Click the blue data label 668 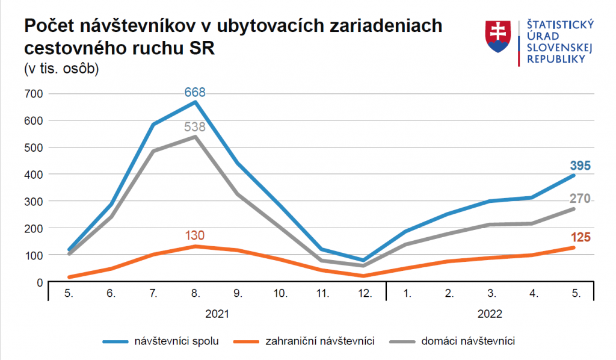(x=195, y=92)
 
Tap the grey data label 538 (x=195, y=127)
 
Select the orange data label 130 (x=195, y=235)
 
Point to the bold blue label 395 (x=581, y=166)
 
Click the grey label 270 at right (x=581, y=199)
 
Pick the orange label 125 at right (x=581, y=237)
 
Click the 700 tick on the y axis (x=34, y=94)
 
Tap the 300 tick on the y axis (x=34, y=202)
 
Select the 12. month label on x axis (x=364, y=294)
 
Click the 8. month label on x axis (x=195, y=294)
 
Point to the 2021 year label (x=217, y=314)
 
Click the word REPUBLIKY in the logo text (x=556, y=59)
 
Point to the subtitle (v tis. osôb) (x=61, y=68)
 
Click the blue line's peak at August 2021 (x=195, y=102)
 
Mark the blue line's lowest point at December (x=364, y=261)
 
